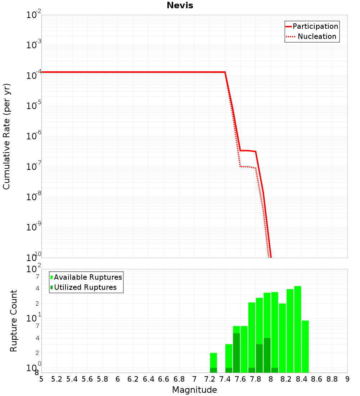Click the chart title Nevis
pos(180,5)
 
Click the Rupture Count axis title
pos(14,321)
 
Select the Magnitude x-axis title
pos(194,390)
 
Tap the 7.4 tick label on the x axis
pos(225,379)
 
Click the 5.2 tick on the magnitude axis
pos(57,379)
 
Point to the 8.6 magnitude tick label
pos(317,379)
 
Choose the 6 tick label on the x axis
pos(118,379)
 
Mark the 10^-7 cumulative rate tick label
pos(34,166)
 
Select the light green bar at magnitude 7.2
pos(213,360)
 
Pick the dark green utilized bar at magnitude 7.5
pos(237,353)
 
